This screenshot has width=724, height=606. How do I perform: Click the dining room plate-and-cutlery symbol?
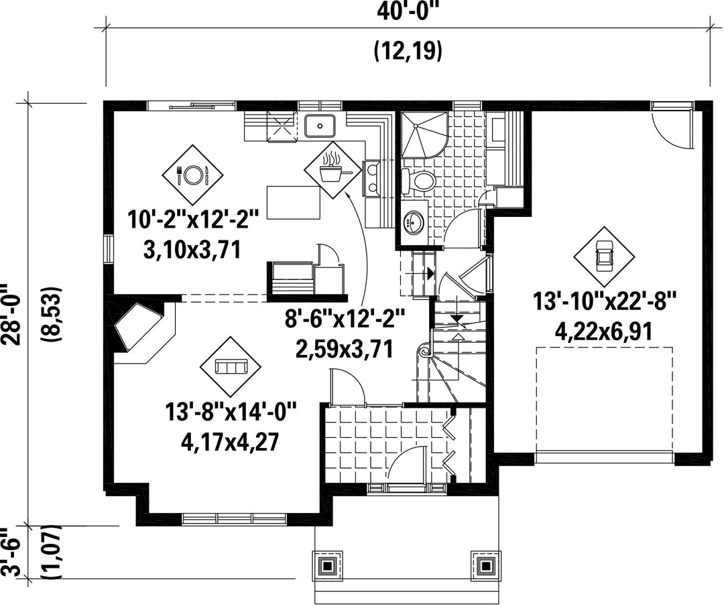click(x=192, y=174)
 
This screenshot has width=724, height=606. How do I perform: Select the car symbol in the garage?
click(x=604, y=256)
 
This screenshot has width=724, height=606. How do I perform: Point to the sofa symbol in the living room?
click(x=231, y=367)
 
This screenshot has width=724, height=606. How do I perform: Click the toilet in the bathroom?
click(x=418, y=180)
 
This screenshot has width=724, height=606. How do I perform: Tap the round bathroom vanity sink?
click(x=414, y=222)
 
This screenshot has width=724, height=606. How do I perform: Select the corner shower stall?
click(x=424, y=135)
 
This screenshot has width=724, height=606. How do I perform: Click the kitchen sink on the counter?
click(x=320, y=125)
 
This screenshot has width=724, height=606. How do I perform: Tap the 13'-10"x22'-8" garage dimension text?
click(x=605, y=301)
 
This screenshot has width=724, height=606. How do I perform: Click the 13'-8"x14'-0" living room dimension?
click(x=231, y=411)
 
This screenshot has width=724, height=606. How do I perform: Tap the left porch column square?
click(x=328, y=565)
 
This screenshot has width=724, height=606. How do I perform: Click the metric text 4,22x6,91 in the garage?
click(x=605, y=331)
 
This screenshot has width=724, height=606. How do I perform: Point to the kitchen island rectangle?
click(x=294, y=202)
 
